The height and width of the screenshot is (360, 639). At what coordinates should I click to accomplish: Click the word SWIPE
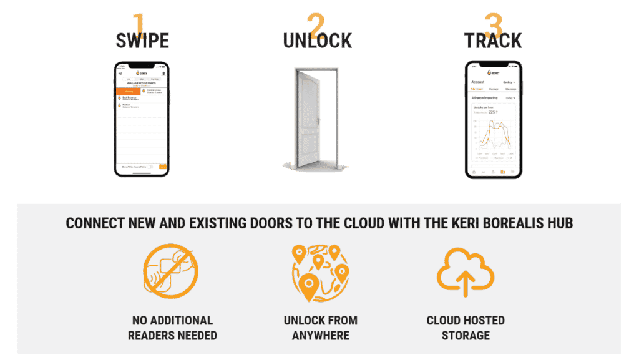[x=142, y=41]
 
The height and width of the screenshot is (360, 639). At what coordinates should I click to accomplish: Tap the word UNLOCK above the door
[x=318, y=41]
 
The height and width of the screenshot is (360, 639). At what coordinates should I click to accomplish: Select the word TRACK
[x=493, y=41]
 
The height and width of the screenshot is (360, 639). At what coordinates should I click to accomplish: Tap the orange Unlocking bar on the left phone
[x=128, y=92]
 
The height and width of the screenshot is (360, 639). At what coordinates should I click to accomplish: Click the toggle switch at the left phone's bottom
[x=150, y=167]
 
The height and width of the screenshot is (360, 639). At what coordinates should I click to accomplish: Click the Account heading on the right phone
[x=478, y=82]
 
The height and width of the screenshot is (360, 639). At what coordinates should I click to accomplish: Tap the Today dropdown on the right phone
[x=510, y=98]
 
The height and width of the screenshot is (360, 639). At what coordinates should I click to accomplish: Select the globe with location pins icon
[x=320, y=272]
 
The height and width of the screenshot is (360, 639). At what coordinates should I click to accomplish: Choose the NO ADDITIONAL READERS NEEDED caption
[x=172, y=328]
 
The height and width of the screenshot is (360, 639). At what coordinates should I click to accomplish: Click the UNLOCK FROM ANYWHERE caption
[x=320, y=328]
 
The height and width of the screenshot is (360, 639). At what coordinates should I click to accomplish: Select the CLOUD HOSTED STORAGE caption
[x=466, y=328]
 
